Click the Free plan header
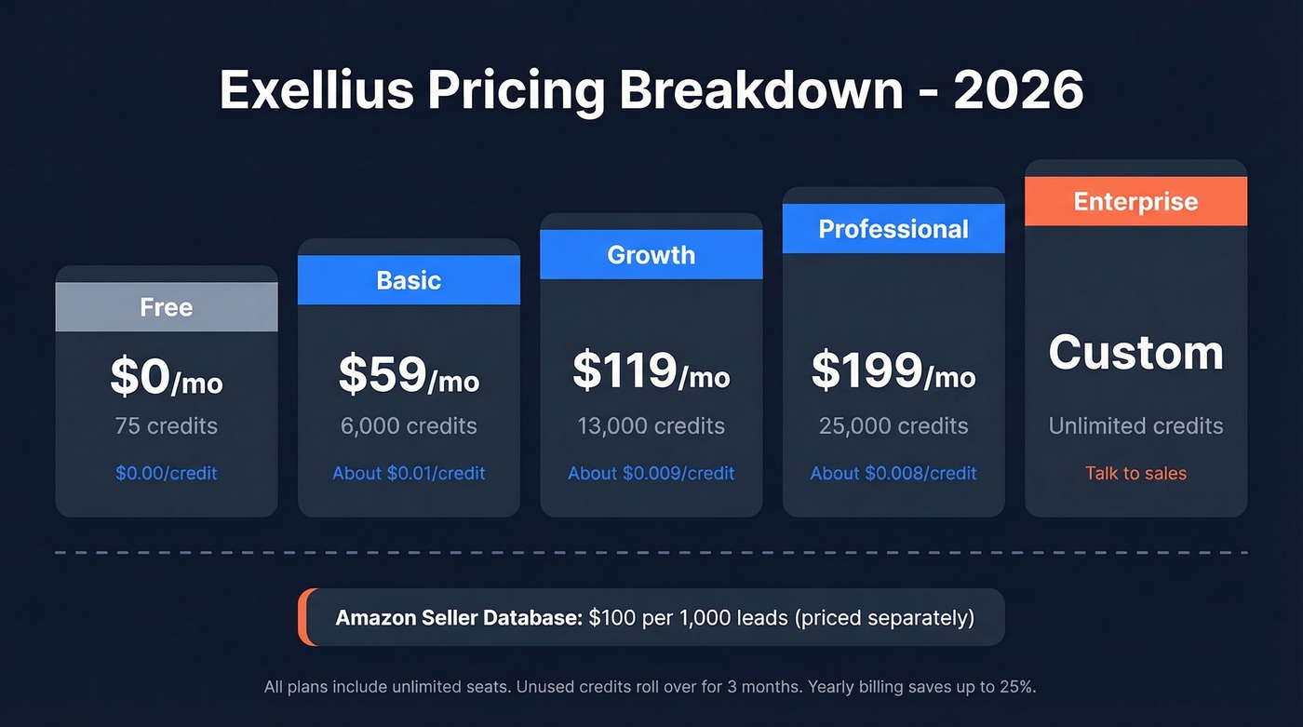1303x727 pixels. tap(167, 307)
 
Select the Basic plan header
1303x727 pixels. tap(409, 280)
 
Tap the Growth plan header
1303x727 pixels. tap(651, 255)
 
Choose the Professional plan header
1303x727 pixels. tap(893, 229)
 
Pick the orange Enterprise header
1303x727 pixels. tap(1135, 201)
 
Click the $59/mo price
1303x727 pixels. tap(409, 373)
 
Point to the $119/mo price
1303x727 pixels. tap(651, 370)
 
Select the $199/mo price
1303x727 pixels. tap(893, 370)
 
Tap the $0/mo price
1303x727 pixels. tap(167, 376)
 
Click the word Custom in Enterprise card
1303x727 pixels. tap(1135, 353)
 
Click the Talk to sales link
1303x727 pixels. tap(1135, 473)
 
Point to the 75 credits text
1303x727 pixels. tap(167, 426)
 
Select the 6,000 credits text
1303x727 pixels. tap(409, 426)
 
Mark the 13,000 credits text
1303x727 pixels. tap(651, 426)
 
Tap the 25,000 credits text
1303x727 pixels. tap(893, 426)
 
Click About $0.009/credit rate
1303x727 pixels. tap(651, 473)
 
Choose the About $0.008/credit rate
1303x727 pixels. tap(893, 473)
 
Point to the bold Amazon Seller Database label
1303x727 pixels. tap(459, 617)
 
